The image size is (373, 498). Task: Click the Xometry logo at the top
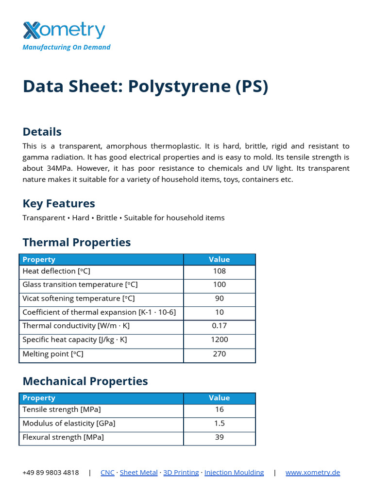coord(64,30)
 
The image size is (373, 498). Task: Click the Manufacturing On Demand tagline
coord(67,47)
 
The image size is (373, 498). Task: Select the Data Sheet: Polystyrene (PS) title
coord(145,86)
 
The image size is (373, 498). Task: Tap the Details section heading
coord(42,132)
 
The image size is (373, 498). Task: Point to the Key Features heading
coord(59,203)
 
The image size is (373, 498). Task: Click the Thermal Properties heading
coord(77,242)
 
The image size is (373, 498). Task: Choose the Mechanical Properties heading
coord(85,381)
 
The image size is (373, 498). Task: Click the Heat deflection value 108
coord(219,271)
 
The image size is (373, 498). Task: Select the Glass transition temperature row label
coord(80,285)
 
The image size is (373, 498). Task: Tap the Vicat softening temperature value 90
coord(219,298)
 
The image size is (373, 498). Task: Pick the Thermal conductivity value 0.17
coord(219,326)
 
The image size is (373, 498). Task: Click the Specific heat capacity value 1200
coord(219,339)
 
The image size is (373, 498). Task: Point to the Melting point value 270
coord(219,354)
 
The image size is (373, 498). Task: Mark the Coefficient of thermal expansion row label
coord(99,312)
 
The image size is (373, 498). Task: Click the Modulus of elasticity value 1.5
coord(219,423)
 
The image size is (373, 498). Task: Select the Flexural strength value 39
coord(219,437)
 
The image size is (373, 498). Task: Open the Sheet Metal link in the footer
coord(138,472)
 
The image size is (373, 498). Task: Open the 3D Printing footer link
coord(181,472)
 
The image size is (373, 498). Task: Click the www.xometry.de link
coord(313,472)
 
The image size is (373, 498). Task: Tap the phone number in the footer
coord(51,472)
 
